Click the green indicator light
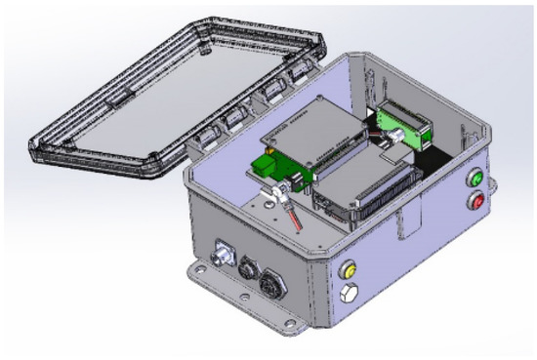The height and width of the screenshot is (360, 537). (x=476, y=180)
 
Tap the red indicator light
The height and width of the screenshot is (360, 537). (x=477, y=203)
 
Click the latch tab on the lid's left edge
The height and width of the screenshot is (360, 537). (x=116, y=99)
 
